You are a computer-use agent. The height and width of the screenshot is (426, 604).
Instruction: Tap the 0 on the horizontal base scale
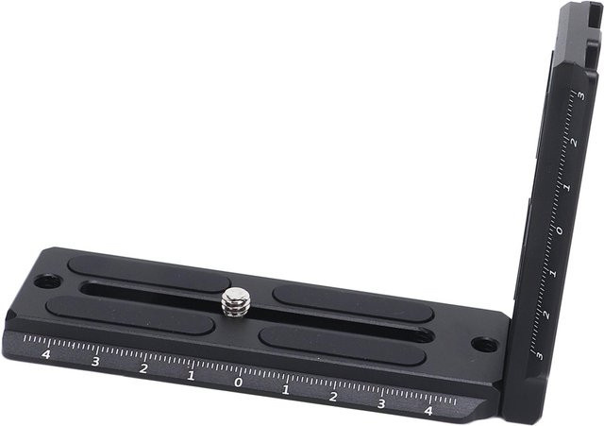point(239,382)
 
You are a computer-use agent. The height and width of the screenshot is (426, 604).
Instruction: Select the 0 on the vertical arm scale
point(560,230)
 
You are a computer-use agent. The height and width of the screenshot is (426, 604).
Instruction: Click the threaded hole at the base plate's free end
point(48,281)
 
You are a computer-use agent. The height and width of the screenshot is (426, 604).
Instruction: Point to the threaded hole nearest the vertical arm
point(484,344)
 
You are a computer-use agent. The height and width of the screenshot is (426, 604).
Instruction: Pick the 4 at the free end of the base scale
point(46,354)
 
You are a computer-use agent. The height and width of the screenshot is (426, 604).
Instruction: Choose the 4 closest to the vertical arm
point(428,411)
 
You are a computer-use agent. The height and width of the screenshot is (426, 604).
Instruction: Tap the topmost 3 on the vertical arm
point(581,95)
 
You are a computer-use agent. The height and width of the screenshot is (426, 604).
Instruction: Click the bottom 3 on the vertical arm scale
point(539,355)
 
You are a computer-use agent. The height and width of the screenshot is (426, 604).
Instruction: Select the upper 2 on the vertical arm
point(574,143)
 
